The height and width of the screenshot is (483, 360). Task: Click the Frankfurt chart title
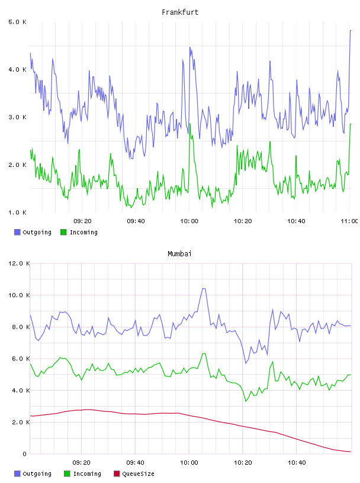pyautogui.click(x=180, y=12)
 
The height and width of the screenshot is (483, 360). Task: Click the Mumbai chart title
pyautogui.click(x=179, y=254)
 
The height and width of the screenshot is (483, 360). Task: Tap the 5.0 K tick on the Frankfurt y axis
pyautogui.click(x=17, y=22)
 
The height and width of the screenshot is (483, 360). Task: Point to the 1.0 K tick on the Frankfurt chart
pyautogui.click(x=17, y=212)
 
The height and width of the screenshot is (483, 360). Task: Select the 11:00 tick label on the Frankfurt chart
pyautogui.click(x=349, y=221)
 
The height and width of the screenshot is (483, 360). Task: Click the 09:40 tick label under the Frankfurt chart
pyautogui.click(x=136, y=221)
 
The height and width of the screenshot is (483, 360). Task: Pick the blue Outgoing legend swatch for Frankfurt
pyautogui.click(x=17, y=232)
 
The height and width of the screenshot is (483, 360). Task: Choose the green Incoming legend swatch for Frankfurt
pyautogui.click(x=63, y=232)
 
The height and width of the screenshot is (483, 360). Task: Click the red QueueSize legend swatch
pyautogui.click(x=117, y=474)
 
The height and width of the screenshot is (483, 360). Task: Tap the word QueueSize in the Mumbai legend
pyautogui.click(x=138, y=474)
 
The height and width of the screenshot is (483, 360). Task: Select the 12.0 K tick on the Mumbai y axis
pyautogui.click(x=19, y=263)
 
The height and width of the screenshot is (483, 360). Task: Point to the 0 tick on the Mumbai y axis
pyautogui.click(x=24, y=454)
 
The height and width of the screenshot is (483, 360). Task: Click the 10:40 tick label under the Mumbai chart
pyautogui.click(x=297, y=463)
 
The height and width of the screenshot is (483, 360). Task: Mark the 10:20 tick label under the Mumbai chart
pyautogui.click(x=243, y=463)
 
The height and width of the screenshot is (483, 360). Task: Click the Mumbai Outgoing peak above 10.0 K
pyautogui.click(x=204, y=289)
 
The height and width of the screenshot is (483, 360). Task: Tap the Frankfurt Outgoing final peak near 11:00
pyautogui.click(x=351, y=31)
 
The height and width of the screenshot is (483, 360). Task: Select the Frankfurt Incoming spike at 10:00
pyautogui.click(x=190, y=124)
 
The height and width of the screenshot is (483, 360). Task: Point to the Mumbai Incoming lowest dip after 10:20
pyautogui.click(x=246, y=401)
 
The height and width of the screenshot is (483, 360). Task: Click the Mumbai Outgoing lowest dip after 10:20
pyautogui.click(x=246, y=363)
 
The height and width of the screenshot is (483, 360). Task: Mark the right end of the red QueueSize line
pyautogui.click(x=351, y=452)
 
